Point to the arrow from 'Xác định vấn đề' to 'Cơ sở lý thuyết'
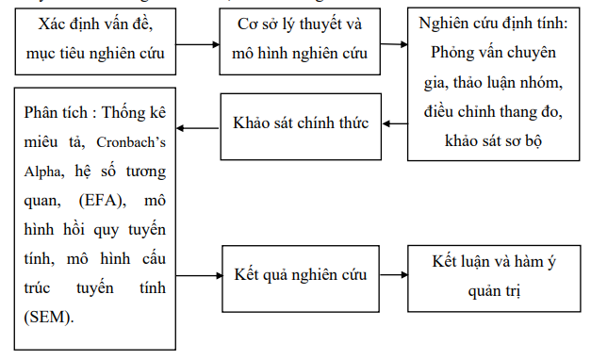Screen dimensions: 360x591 199,44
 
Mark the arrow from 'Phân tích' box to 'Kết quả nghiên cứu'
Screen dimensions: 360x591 198,275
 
